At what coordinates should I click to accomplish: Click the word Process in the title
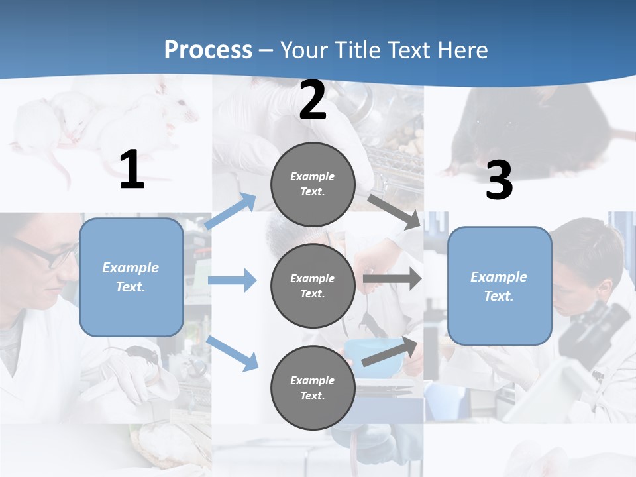208,50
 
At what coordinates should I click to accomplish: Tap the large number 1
132,170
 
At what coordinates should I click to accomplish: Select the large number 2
313,100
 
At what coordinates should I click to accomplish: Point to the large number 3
499,181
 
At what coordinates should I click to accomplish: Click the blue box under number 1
131,277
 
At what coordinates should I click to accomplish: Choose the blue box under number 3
500,286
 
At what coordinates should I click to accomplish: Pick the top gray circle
313,184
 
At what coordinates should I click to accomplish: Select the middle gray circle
313,286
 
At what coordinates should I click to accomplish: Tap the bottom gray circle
313,388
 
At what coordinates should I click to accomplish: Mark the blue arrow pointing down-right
233,352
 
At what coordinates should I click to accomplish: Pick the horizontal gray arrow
392,278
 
